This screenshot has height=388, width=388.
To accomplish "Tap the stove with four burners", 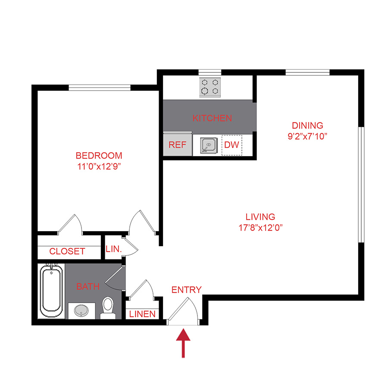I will click(210, 88).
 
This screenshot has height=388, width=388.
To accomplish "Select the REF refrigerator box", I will click(177, 145).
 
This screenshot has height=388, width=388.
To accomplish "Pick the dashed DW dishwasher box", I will click(232, 145).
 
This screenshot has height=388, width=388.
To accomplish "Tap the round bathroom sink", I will click(80, 310).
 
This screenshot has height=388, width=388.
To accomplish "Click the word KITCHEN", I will click(212, 118).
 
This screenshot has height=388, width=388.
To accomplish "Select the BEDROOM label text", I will click(99, 156).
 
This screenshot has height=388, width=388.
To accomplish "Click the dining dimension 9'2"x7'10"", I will click(307, 136).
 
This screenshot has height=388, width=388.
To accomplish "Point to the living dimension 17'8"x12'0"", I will click(260, 227).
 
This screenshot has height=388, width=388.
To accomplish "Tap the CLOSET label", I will click(67, 251).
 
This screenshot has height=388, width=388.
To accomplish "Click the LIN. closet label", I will click(113, 249).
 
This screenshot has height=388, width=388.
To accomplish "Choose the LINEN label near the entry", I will click(143, 314).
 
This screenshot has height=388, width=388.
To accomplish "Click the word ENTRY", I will click(186, 290).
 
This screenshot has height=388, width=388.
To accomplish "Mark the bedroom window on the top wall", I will click(100, 88).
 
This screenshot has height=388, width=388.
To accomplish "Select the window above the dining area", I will click(307, 72).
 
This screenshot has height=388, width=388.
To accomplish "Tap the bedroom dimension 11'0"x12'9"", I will click(99, 167).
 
